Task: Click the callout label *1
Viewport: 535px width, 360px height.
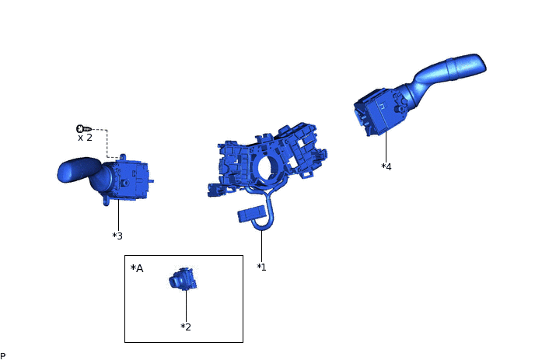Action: pyautogui.click(x=262, y=267)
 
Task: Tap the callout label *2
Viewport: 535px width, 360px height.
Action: pyautogui.click(x=186, y=327)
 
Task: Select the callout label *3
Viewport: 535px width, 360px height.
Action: pyautogui.click(x=117, y=236)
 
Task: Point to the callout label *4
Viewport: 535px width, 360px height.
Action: pyautogui.click(x=386, y=166)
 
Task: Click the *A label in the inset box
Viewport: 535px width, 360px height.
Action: pyautogui.click(x=138, y=268)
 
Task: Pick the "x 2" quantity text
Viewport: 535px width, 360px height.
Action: pyautogui.click(x=85, y=138)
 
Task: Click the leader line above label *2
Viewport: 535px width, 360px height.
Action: pyautogui.click(x=186, y=306)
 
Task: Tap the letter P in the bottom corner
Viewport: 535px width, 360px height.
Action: pyautogui.click(x=3, y=355)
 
